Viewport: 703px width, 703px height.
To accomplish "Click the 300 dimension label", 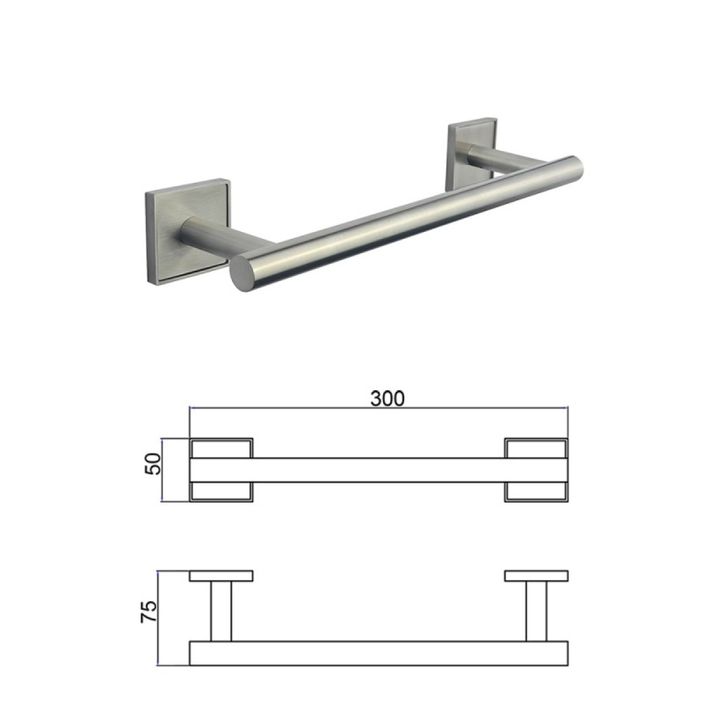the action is pos(387,398).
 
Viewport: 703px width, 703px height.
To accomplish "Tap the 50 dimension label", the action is pos(152,463).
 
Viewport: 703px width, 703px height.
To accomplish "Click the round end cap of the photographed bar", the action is pos(243,273).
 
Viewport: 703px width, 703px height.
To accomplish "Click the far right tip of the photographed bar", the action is pos(582,167).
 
